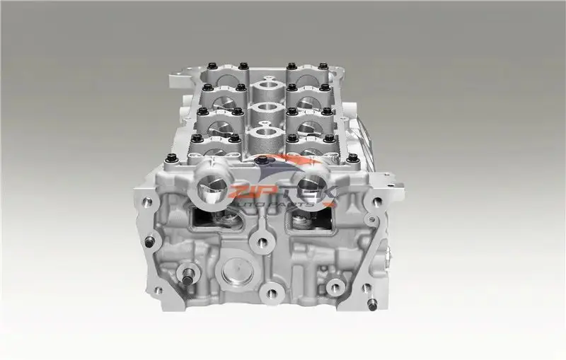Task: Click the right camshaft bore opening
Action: (x=311, y=186)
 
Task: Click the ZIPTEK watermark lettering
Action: (x=276, y=190)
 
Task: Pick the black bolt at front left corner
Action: (x=172, y=158)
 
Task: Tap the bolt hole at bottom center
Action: (x=268, y=292)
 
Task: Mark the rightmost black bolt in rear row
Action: (x=323, y=66)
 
